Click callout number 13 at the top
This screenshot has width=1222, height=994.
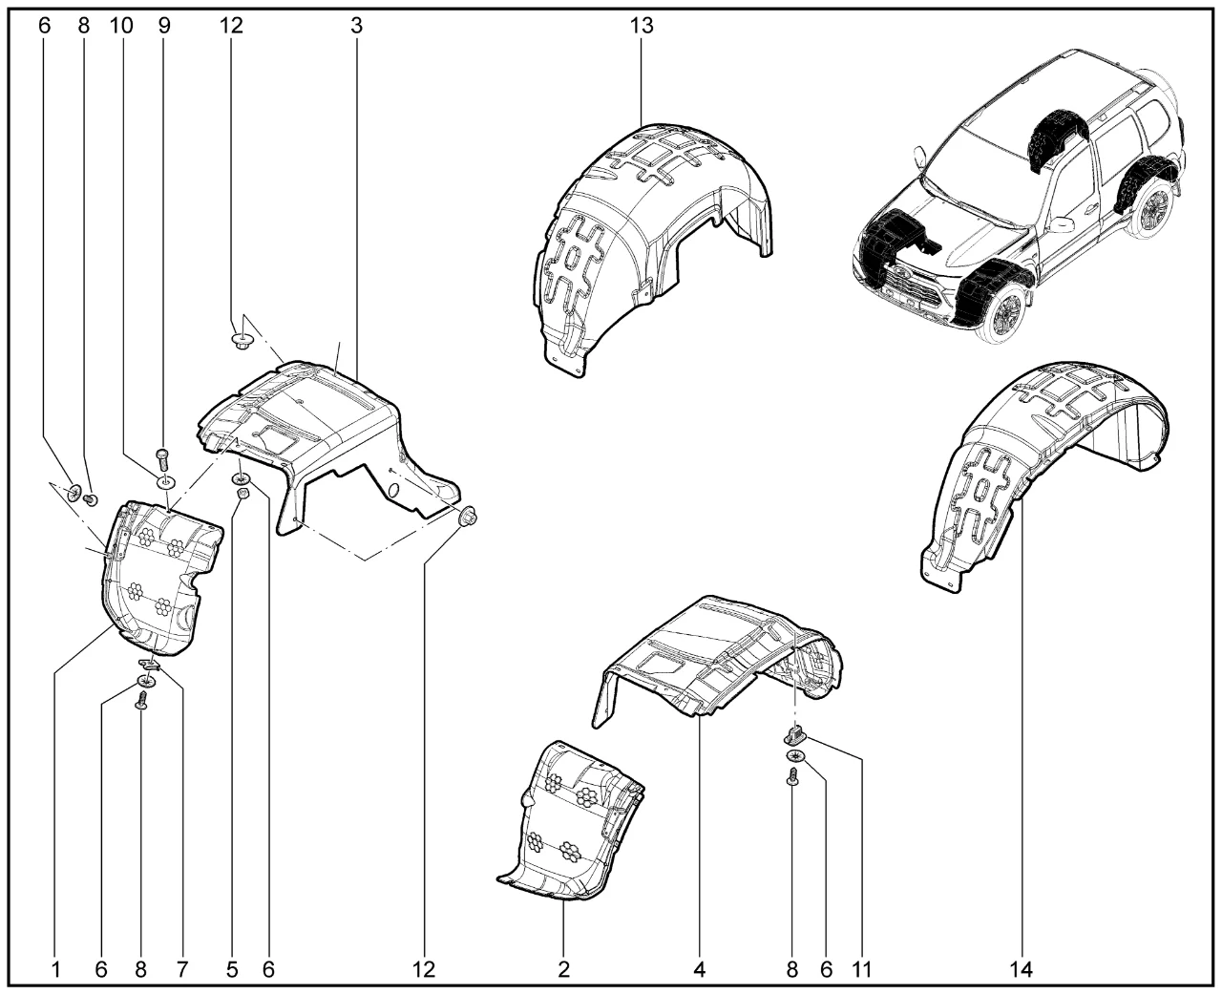[x=642, y=26]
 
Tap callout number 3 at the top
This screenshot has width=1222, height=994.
[x=357, y=26]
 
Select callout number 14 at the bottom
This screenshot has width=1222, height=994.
[x=1022, y=969]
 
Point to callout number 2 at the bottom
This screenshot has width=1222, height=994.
[x=564, y=969]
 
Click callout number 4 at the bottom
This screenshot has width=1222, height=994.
[x=700, y=969]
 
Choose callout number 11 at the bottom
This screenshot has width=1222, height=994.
[x=862, y=969]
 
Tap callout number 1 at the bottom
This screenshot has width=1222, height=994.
[x=55, y=969]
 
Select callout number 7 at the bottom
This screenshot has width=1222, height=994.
[x=181, y=969]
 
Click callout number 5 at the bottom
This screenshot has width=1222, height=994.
[x=232, y=969]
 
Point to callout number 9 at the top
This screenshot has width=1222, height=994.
[x=164, y=26]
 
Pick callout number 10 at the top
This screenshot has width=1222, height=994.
[x=121, y=26]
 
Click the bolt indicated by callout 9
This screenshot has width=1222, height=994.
[x=161, y=459]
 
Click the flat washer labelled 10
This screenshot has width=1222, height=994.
[x=165, y=481]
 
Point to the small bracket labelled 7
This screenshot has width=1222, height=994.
[x=149, y=664]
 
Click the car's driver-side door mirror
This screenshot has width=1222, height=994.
[x=1060, y=224]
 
